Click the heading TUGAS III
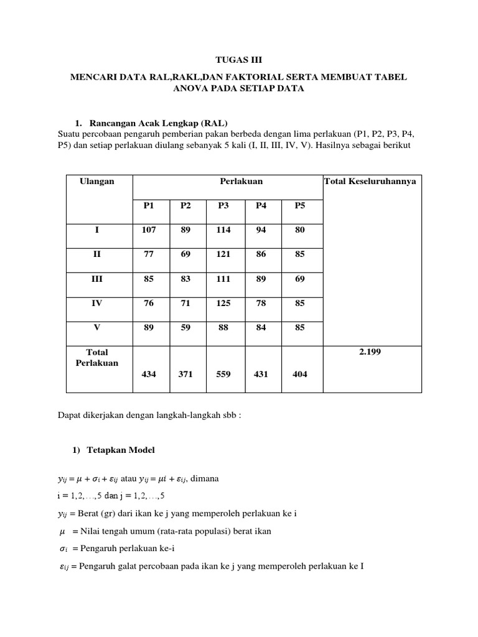[239, 60]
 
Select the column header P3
[223, 206]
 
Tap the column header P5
[300, 206]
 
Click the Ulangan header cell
[97, 181]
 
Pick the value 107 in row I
[148, 230]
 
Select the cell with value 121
[223, 254]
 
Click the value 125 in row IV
[223, 303]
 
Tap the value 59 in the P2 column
[185, 328]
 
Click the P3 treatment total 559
[223, 375]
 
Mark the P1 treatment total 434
[148, 375]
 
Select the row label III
[97, 279]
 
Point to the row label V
[97, 328]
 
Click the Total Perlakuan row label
[97, 357]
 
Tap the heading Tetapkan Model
[122, 450]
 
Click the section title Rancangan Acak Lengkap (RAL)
[163, 122]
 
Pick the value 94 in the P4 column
[261, 230]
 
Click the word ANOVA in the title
[190, 89]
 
